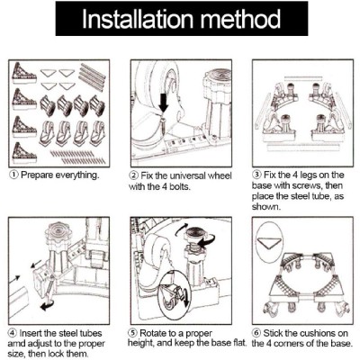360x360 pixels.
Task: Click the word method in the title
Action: pyautogui.click(x=240, y=19)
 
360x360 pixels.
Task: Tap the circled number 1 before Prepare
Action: pyautogui.click(x=13, y=175)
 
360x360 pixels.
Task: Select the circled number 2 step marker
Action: pyautogui.click(x=134, y=175)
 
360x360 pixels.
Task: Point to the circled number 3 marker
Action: pyautogui.click(x=257, y=175)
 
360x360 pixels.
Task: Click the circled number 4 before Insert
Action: pyautogui.click(x=13, y=333)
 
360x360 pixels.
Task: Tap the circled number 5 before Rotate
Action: pyautogui.click(x=133, y=333)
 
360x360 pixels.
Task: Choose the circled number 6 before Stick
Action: pyautogui.click(x=256, y=333)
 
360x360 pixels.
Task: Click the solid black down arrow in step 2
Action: pyautogui.click(x=163, y=103)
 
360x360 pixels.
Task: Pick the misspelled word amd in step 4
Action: pyautogui.click(x=16, y=344)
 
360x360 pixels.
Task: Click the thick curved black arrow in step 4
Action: pyautogui.click(x=48, y=305)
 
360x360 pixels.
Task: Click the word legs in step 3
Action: pyautogui.click(x=309, y=175)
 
